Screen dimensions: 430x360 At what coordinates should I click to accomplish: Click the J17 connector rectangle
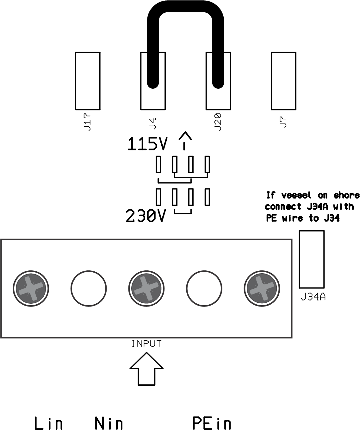[88, 81]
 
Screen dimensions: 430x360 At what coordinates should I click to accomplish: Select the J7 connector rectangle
[283, 81]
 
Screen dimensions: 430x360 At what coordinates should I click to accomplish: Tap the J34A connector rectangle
[312, 259]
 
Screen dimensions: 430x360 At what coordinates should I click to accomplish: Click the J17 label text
[88, 122]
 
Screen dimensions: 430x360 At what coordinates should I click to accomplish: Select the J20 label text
[218, 122]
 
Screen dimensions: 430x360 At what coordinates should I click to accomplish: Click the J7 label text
[283, 122]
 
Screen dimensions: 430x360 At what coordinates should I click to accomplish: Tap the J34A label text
[313, 297]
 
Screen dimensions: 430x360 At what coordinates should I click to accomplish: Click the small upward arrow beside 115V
[185, 140]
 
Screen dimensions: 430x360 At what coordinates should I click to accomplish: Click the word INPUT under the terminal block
[146, 344]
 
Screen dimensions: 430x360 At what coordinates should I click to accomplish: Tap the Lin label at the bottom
[48, 423]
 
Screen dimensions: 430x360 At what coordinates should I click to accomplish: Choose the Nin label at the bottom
[109, 423]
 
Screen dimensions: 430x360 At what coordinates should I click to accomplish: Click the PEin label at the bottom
[212, 423]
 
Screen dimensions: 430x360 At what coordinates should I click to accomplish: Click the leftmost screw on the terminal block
[31, 288]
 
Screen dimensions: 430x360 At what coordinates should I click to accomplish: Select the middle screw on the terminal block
[146, 288]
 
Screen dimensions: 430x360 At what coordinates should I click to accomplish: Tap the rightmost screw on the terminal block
[262, 288]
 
